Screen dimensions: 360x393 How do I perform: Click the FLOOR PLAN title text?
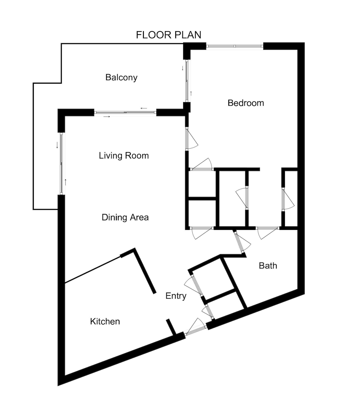pos(169,35)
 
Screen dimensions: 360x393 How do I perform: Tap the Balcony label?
pos(121,77)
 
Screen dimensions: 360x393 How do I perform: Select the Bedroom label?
pos(246,103)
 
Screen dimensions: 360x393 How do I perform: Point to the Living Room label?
pos(124,156)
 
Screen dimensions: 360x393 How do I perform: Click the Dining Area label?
pos(125,217)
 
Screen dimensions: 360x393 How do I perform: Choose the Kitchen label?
pos(105,321)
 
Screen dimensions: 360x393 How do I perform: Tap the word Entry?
pos(176,296)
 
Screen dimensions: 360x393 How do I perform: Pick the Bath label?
pos(268,266)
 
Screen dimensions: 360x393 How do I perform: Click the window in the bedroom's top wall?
pos(235,46)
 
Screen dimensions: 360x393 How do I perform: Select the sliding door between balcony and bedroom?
pos(187,81)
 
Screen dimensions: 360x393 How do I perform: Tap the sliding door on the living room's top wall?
pos(125,113)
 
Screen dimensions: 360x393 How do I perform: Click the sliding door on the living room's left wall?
pos(61,163)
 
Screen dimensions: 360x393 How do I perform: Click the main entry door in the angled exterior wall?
pos(196,328)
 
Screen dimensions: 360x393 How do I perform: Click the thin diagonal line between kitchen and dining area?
pos(92,270)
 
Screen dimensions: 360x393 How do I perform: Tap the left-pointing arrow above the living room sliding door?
pos(144,108)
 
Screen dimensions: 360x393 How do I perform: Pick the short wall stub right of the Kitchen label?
pos(171,327)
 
